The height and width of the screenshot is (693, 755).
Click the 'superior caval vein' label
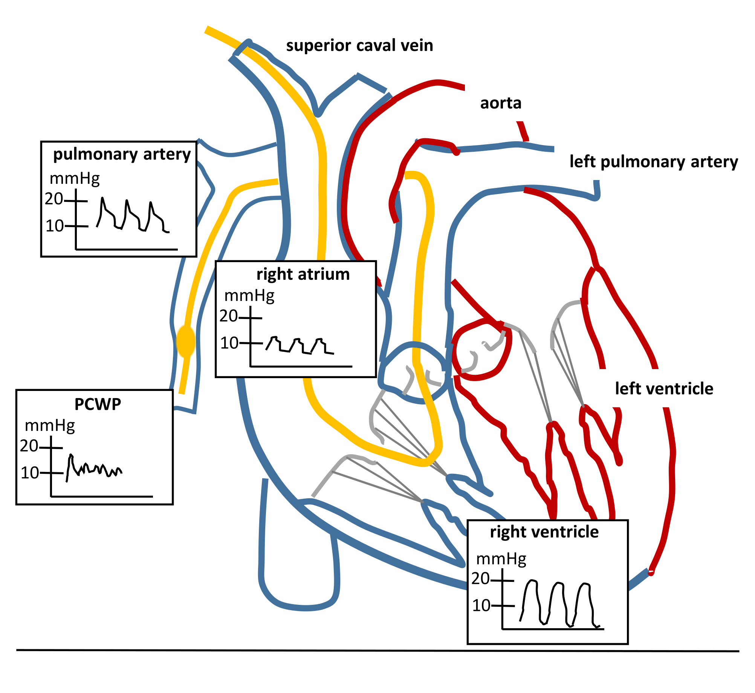pos(359,46)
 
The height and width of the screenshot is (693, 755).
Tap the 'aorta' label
pos(501,103)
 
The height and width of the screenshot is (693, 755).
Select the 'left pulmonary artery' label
pos(654,162)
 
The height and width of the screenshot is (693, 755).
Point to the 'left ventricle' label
pos(664,389)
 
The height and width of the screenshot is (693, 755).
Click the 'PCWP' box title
pos(98,404)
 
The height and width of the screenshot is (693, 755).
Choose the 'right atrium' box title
pos(303,274)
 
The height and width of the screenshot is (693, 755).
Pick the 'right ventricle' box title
pos(544,532)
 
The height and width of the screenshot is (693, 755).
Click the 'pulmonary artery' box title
pos(122,154)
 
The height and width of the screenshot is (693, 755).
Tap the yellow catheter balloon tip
pos(186,342)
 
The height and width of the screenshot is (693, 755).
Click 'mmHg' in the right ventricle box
pos(501,559)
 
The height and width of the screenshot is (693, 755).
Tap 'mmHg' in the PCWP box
pos(50,426)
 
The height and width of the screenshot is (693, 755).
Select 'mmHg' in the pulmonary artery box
pos(75,178)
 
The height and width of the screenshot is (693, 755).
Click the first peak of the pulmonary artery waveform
pos(102,198)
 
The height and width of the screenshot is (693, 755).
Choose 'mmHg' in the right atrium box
pos(249,296)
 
